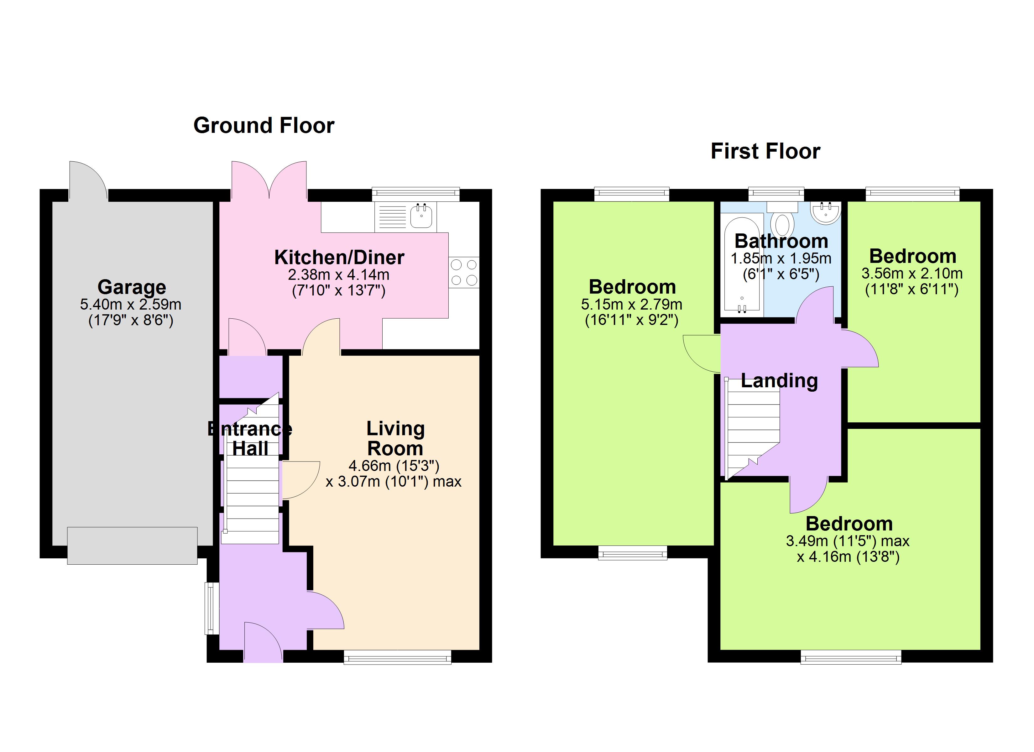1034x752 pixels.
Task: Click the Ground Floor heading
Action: [x=264, y=125]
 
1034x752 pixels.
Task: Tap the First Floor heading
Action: [x=765, y=151]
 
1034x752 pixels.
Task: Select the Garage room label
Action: [x=132, y=287]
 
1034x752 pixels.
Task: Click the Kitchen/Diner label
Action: [x=339, y=258]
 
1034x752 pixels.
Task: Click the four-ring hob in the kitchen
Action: [x=464, y=272]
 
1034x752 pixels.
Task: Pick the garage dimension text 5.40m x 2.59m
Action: [x=131, y=304]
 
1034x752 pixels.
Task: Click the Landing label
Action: [x=779, y=381]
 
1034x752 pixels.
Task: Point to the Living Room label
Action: [x=395, y=438]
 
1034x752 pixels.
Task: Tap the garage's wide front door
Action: [x=132, y=546]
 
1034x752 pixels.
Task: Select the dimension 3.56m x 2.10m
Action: [x=912, y=274]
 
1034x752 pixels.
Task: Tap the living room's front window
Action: [x=398, y=657]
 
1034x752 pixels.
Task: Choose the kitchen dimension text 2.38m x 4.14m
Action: [x=339, y=275]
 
